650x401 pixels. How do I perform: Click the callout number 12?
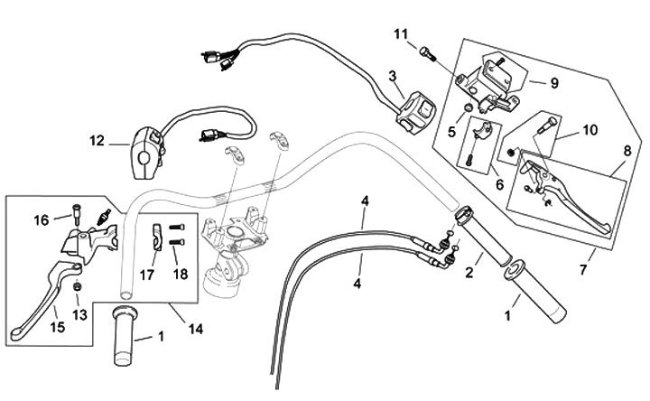click(97, 142)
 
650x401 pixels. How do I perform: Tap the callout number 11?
click(401, 34)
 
